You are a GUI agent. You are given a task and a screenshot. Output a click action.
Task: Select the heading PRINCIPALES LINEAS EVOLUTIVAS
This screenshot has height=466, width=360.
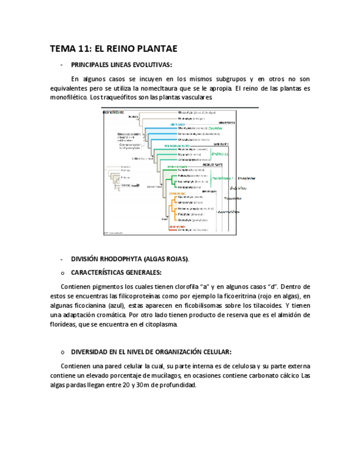tap(121, 64)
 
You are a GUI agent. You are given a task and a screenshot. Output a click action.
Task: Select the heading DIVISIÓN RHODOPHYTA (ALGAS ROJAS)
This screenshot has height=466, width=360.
tap(130, 259)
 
